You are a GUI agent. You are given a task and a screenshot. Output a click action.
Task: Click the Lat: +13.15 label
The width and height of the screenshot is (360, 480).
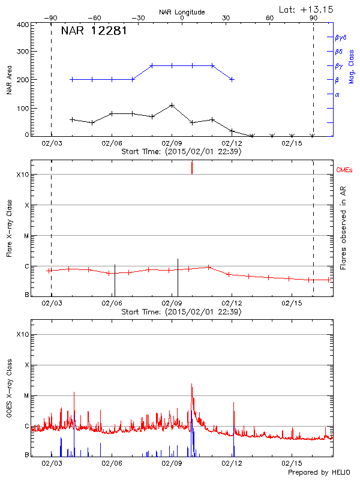[307, 9]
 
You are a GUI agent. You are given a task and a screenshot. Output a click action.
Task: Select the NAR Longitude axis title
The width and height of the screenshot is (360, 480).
[182, 12]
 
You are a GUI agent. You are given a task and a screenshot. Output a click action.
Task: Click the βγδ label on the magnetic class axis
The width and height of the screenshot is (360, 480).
[340, 37]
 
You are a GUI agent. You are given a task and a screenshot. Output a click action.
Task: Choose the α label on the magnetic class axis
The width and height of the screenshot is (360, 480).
[337, 94]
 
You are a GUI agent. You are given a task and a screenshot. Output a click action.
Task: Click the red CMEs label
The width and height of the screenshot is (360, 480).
[344, 170]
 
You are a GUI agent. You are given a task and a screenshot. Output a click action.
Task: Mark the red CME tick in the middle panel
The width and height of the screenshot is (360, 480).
[192, 167]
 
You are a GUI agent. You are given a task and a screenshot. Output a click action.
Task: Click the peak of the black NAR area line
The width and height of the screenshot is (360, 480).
[172, 105]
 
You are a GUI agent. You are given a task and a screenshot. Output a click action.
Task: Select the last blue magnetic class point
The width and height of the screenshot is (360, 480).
[232, 79]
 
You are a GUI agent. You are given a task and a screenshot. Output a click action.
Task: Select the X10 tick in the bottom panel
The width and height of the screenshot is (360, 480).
[22, 334]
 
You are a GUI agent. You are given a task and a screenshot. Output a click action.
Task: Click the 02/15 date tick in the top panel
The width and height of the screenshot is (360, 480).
[291, 143]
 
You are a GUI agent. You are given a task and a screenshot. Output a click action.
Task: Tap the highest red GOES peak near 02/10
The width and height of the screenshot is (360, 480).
[192, 384]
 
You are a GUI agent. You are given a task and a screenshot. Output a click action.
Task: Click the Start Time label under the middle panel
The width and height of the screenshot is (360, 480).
[181, 312]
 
